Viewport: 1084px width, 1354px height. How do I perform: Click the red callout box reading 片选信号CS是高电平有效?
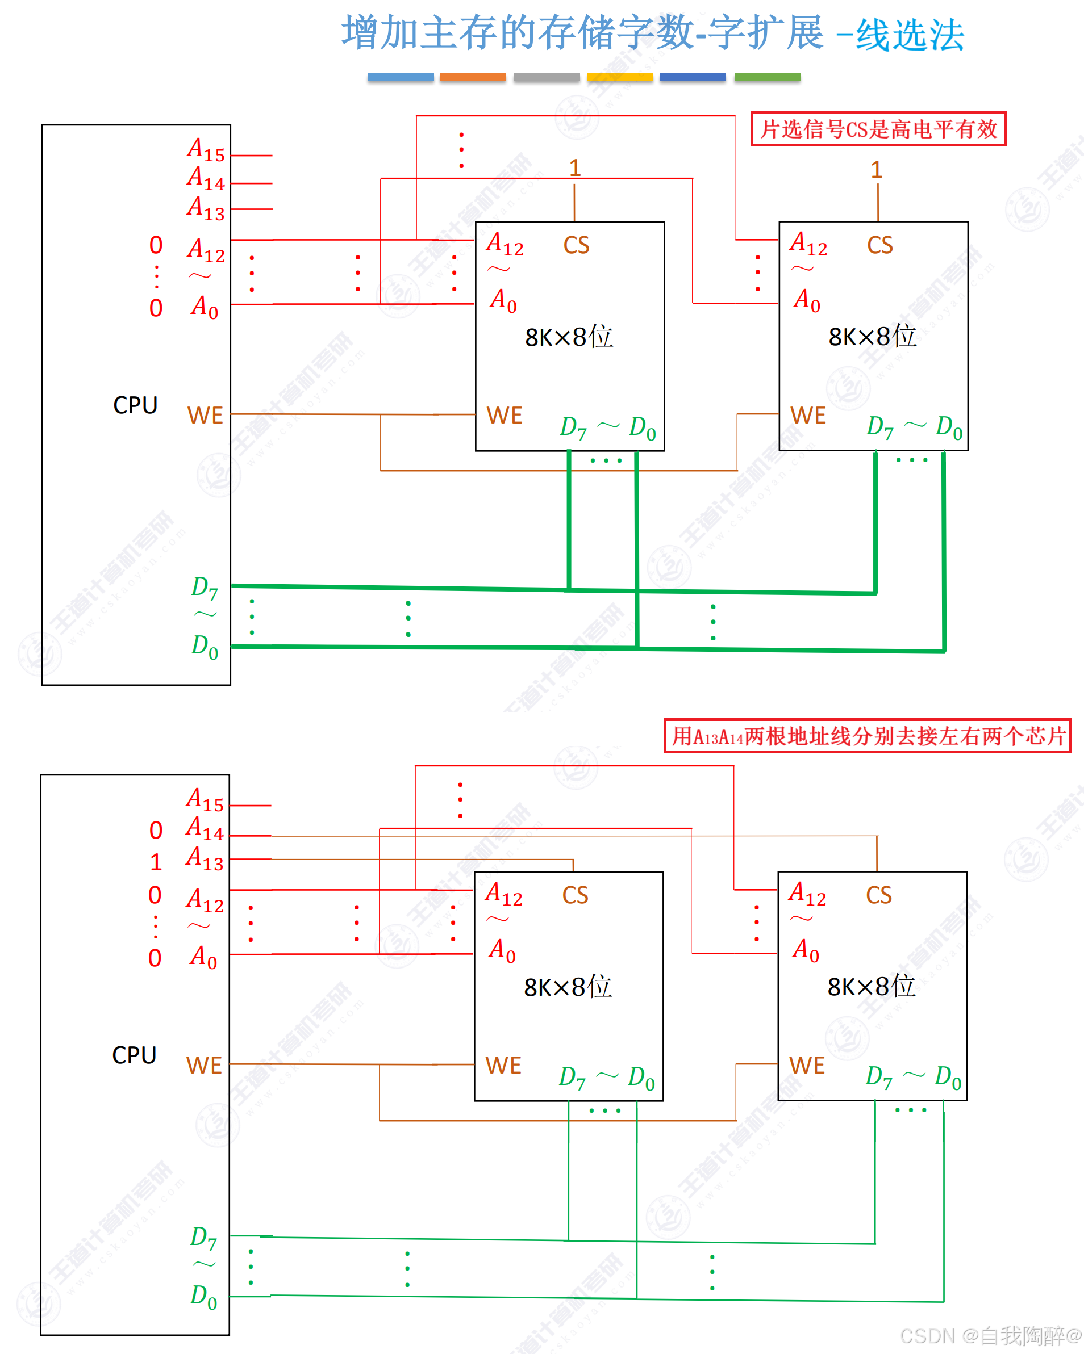coord(878,129)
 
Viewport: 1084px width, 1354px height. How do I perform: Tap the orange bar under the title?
coord(473,77)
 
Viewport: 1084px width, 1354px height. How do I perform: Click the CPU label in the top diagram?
coord(135,406)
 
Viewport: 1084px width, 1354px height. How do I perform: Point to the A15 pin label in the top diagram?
coord(206,150)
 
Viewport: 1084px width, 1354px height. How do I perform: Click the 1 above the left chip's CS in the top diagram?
coord(574,168)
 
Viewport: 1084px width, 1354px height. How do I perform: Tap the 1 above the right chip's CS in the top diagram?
coord(877,170)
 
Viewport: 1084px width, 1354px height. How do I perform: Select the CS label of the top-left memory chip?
coord(576,245)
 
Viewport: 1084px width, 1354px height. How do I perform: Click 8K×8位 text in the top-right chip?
coord(872,337)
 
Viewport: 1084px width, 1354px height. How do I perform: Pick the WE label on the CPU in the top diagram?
coord(205,416)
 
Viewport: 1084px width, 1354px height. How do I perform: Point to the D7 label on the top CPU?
coord(205,588)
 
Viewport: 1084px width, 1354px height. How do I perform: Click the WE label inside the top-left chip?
coord(504,416)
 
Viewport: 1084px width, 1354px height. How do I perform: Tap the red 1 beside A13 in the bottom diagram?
coord(156,862)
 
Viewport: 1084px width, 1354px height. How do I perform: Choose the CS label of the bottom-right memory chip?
coord(878,895)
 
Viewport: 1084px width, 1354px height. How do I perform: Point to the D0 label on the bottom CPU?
coord(204,1297)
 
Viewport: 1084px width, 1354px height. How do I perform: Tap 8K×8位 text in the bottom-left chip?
coord(568,987)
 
